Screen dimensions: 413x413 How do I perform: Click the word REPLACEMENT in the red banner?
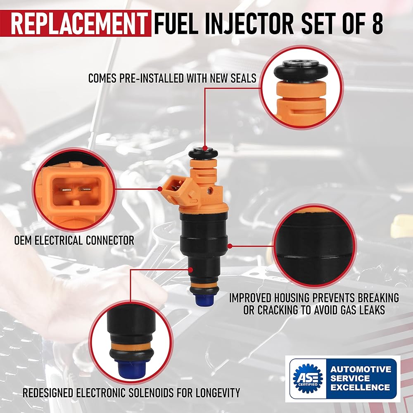pyautogui.click(x=78, y=24)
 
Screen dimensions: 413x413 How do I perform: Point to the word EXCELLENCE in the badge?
pyautogui.click(x=360, y=387)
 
